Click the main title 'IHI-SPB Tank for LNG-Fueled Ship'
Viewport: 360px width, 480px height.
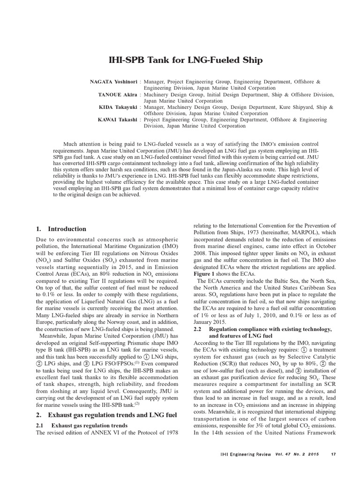[x=180, y=60]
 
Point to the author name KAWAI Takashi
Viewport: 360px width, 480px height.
[x=117, y=120]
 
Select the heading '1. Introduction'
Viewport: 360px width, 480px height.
[x=61, y=229]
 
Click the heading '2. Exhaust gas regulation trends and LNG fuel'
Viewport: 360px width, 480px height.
[x=106, y=415]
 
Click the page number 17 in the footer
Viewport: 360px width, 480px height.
[x=333, y=454]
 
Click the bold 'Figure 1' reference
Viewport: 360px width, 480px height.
[x=205, y=274]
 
